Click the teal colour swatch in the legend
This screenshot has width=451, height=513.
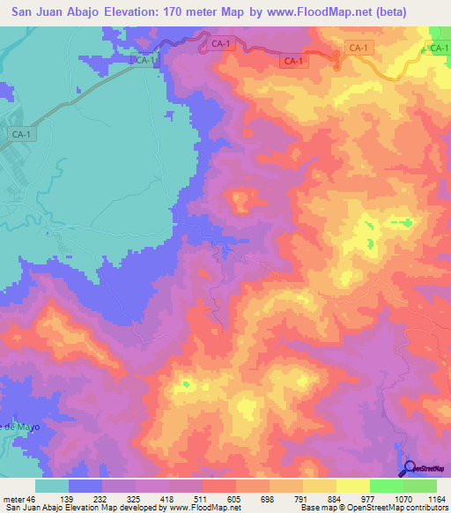[52, 486]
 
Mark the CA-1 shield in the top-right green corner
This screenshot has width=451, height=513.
[438, 49]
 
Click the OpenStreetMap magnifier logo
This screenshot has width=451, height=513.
[410, 468]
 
